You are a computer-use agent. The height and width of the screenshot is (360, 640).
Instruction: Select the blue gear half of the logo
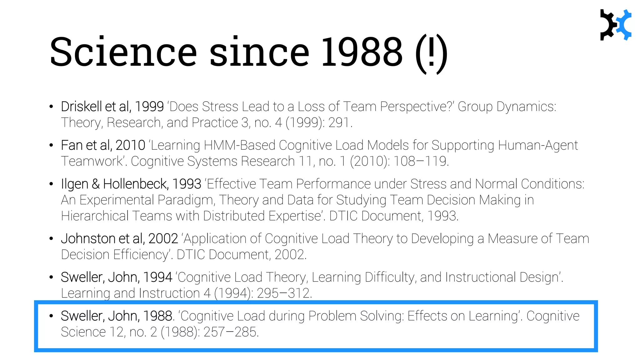pyautogui.click(x=625, y=25)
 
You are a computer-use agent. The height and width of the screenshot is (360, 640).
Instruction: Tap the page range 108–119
pyautogui.click(x=420, y=161)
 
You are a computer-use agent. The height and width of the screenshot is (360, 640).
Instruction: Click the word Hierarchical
pyautogui.click(x=95, y=216)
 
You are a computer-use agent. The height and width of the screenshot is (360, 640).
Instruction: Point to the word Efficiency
pyautogui.click(x=142, y=255)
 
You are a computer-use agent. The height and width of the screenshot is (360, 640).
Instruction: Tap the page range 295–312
pyautogui.click(x=284, y=293)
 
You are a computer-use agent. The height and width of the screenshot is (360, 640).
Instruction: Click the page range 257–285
pyautogui.click(x=231, y=332)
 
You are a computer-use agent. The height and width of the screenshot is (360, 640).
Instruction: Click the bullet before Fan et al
pyautogui.click(x=51, y=145)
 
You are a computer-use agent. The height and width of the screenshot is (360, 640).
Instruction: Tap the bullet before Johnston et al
pyautogui.click(x=51, y=239)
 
